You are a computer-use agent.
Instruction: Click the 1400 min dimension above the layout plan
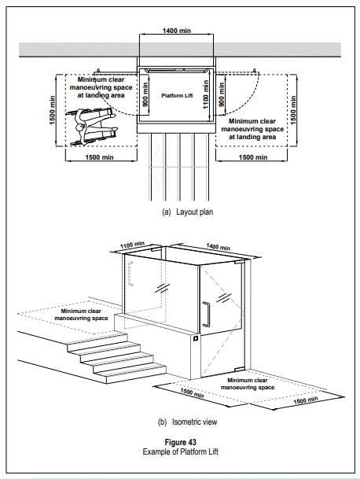[177, 31]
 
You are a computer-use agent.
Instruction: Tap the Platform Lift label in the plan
[177, 96]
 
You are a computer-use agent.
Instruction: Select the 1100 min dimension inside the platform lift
[205, 94]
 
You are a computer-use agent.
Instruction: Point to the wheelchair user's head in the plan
[80, 127]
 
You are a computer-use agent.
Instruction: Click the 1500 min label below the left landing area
[99, 157]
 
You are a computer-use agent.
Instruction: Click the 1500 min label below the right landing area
[253, 157]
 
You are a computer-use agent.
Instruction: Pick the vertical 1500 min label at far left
[52, 110]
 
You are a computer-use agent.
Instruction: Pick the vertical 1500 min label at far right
[293, 110]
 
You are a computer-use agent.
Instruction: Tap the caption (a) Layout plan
[188, 212]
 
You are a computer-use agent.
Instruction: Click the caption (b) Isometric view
[187, 422]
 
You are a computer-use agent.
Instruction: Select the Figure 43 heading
[181, 442]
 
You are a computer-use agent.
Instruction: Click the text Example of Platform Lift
[181, 451]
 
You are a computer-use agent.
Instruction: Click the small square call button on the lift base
[196, 338]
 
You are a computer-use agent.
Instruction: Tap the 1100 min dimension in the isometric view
[132, 245]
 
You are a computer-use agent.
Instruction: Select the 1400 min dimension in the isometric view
[218, 246]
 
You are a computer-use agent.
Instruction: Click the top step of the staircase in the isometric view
[97, 338]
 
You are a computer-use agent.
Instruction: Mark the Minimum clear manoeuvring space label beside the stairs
[81, 315]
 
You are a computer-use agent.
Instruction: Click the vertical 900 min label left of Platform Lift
[145, 94]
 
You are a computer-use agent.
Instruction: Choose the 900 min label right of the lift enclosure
[222, 94]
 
